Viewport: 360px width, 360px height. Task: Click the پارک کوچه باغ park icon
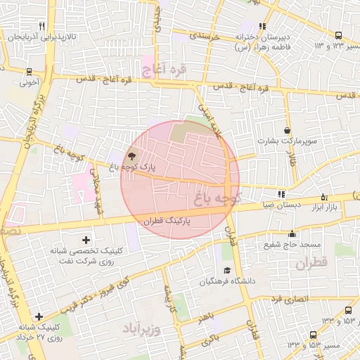[134, 155]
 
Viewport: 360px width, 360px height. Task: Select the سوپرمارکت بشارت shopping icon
[288, 130]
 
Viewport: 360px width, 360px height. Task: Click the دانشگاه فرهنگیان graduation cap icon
[226, 271]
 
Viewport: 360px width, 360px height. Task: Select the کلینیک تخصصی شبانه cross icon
[86, 240]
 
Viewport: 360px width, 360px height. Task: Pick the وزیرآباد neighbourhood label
[141, 329]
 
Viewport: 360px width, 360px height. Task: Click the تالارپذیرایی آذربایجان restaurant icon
[43, 26]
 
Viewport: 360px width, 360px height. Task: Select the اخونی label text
[29, 82]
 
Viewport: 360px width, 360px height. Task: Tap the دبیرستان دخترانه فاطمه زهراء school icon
[262, 26]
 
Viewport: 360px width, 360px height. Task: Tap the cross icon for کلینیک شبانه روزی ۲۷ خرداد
[39, 317]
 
